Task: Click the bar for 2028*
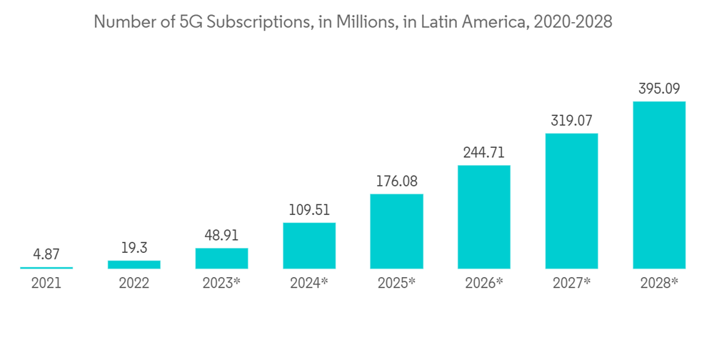659,185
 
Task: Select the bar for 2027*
571,201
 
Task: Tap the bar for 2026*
484,217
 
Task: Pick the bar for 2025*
396,231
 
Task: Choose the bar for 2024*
309,246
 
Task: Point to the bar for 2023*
221,259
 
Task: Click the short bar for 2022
134,264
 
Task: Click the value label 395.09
659,89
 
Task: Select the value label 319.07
571,121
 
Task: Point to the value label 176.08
396,182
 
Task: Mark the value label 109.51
309,211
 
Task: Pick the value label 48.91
221,236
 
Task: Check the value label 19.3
134,249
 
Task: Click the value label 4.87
46,255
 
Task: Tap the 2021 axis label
46,283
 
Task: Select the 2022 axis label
134,283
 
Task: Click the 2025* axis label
396,283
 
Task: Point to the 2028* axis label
659,283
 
